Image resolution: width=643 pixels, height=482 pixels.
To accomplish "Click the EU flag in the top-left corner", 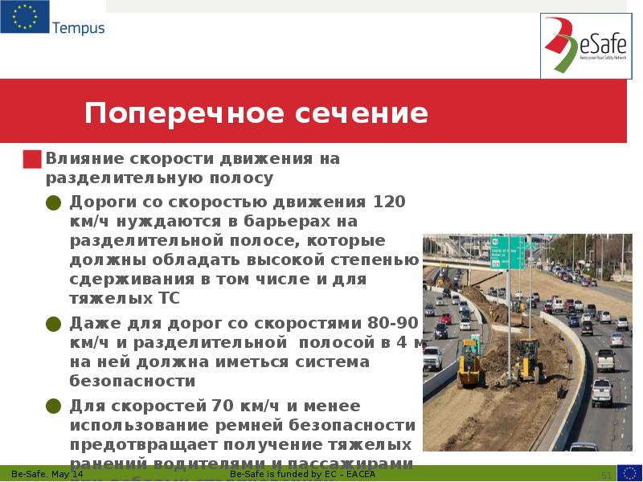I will pos(24,17).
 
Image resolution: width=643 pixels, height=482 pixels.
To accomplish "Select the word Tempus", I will pos(78,29).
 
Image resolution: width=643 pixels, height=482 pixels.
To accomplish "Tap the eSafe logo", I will pos(584,47).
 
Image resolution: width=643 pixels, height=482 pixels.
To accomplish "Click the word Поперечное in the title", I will pos(166,113).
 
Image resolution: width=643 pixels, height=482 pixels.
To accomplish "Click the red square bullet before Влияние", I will pos(32,158).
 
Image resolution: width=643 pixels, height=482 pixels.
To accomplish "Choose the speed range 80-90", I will pos(392,324).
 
